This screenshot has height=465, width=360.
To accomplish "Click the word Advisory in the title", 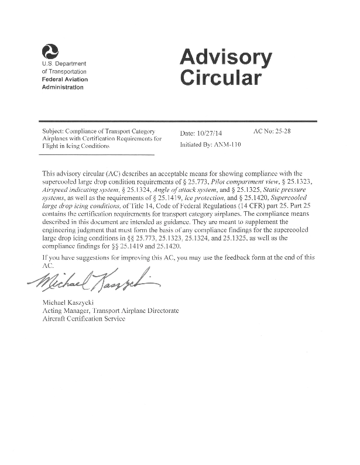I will tap(225, 57).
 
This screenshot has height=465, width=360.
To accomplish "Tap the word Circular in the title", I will tap(220, 78).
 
